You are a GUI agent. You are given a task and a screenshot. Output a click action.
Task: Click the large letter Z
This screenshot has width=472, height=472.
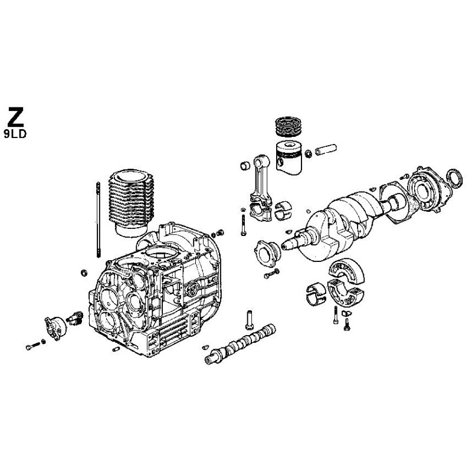pyautogui.click(x=16, y=116)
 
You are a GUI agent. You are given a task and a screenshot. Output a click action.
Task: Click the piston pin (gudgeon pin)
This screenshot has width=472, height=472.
pyautogui.click(x=325, y=146)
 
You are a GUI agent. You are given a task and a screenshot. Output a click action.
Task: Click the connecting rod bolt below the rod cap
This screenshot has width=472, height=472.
pyautogui.click(x=243, y=225)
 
